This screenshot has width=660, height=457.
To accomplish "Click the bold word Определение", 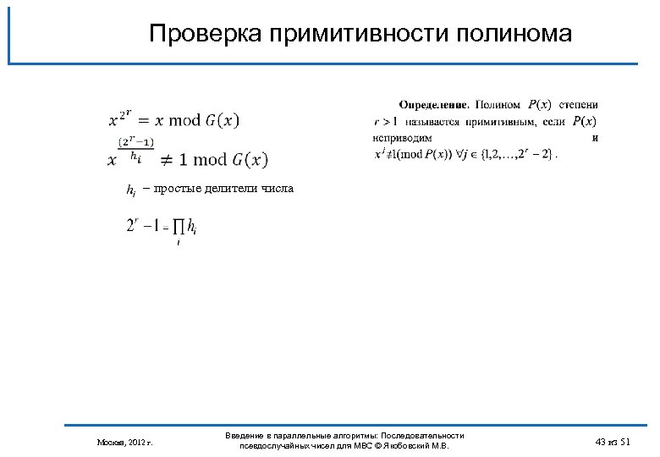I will [433, 105].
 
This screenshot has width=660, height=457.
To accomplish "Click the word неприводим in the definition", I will [403, 137].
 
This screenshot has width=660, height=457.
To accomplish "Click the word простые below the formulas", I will [173, 188].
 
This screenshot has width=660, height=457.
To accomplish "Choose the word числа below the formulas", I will [278, 188].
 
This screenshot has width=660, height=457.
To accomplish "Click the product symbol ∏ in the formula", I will [179, 228].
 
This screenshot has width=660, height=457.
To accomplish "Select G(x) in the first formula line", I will [222, 120].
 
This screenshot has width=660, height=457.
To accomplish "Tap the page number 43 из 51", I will [613, 443].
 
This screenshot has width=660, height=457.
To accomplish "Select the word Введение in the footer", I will [246, 435].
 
